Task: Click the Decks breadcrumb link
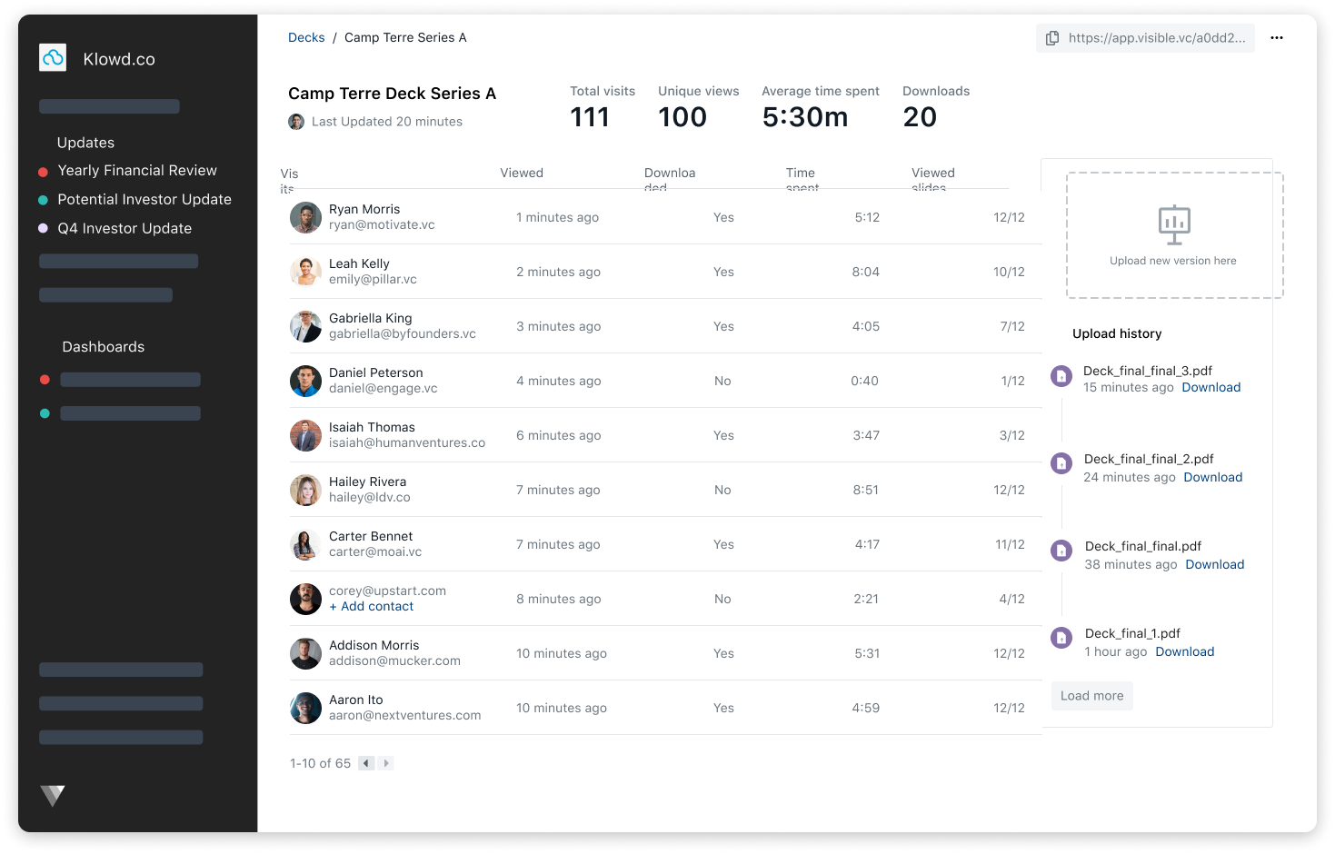pyautogui.click(x=306, y=37)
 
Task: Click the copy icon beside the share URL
pyautogui.click(x=1052, y=38)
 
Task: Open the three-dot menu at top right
pyautogui.click(x=1277, y=38)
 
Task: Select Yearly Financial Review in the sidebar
pyautogui.click(x=137, y=171)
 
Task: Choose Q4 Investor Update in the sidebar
pyautogui.click(x=125, y=229)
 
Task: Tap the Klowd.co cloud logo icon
pyautogui.click(x=54, y=58)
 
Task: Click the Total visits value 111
pyautogui.click(x=590, y=117)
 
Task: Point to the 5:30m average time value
pyautogui.click(x=804, y=117)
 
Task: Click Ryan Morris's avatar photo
pyautogui.click(x=305, y=218)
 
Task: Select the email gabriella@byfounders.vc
pyautogui.click(x=403, y=333)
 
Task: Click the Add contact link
pyautogui.click(x=372, y=606)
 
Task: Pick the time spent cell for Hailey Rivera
pyautogui.click(x=865, y=490)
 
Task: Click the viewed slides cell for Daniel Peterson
pyautogui.click(x=1012, y=381)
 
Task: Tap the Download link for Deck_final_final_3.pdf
pyautogui.click(x=1210, y=387)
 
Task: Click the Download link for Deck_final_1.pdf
pyautogui.click(x=1184, y=651)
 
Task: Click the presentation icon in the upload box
pyautogui.click(x=1174, y=224)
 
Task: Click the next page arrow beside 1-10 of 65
pyautogui.click(x=386, y=763)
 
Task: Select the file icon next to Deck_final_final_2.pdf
pyautogui.click(x=1061, y=463)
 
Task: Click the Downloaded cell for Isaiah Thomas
pyautogui.click(x=723, y=435)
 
